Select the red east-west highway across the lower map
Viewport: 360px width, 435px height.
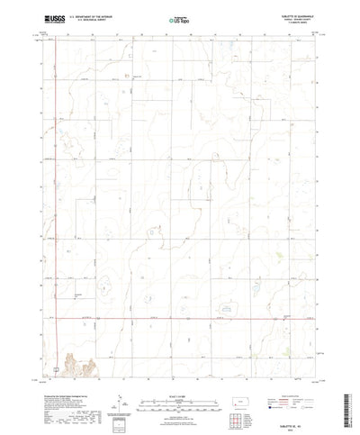pos(180,317)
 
